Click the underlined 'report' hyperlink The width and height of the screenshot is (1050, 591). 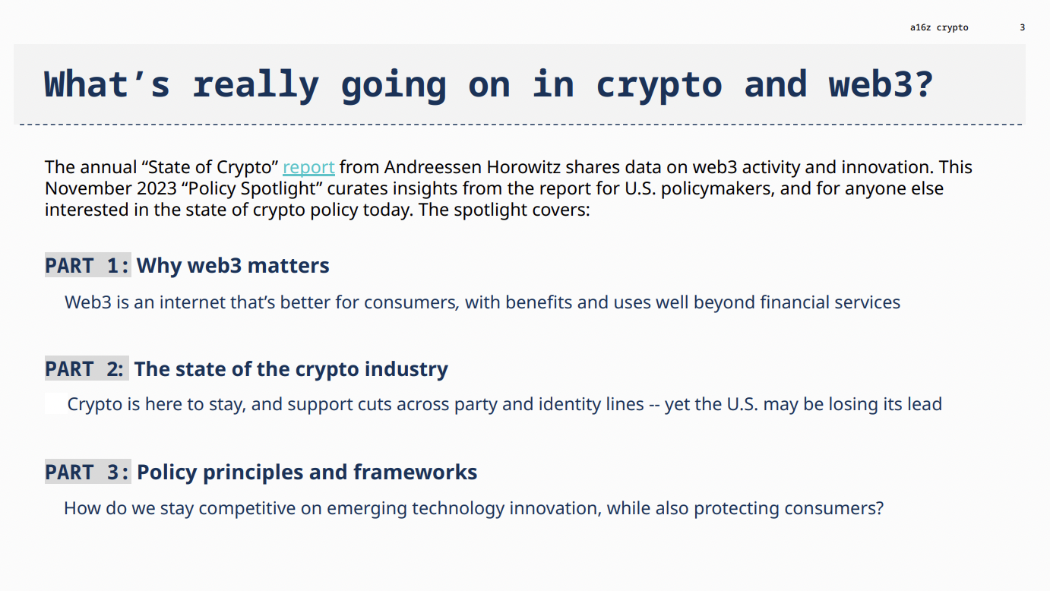pos(308,167)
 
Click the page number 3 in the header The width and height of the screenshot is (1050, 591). pos(1023,27)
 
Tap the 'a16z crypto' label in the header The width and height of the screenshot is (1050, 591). pos(939,27)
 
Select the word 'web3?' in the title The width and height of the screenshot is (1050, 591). pos(881,84)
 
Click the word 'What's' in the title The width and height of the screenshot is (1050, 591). pos(107,84)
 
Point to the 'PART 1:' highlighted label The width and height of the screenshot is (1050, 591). pos(87,265)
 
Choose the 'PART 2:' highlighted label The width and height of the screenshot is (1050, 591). pos(87,369)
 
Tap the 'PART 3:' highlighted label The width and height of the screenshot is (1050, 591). pos(87,472)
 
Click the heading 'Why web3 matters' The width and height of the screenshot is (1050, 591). pos(233,266)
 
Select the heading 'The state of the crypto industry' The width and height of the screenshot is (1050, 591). pos(291,369)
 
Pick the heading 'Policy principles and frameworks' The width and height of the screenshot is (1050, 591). pos(307,472)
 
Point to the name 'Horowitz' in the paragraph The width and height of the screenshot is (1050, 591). pos(523,167)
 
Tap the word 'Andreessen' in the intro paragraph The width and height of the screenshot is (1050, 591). pos(433,167)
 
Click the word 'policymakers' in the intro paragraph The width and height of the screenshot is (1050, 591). pos(717,189)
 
